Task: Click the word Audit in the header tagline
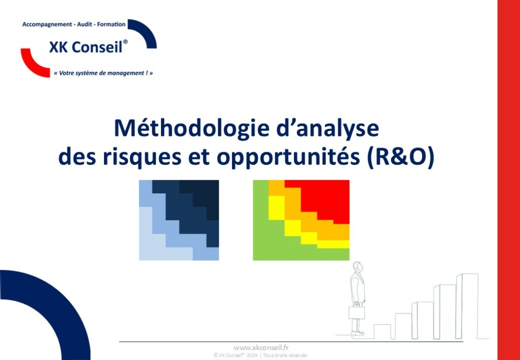click(85, 24)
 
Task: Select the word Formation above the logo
click(111, 24)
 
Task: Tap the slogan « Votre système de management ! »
click(103, 73)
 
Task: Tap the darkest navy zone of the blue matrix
click(202, 195)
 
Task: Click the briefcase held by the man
click(356, 312)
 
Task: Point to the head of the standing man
click(357, 267)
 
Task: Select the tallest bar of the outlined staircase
click(467, 306)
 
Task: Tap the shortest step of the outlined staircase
click(382, 332)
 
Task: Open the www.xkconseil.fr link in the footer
click(261, 347)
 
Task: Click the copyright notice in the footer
click(261, 355)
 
